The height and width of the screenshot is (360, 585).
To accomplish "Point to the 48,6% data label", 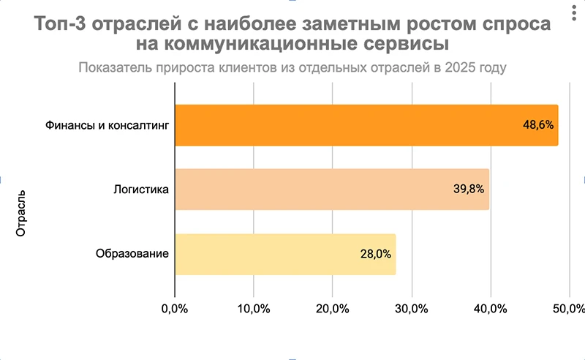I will coord(537,125).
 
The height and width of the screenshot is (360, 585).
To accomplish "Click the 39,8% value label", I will coord(469,190).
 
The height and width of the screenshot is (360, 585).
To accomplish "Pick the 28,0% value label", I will coord(375,254).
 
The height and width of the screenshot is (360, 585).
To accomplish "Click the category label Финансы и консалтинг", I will coord(107,125).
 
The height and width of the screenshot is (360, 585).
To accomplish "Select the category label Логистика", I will coord(141,190).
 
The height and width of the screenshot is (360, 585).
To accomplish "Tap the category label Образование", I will coord(132,254).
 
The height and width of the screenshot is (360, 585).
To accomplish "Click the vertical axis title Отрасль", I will coord(21,214).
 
